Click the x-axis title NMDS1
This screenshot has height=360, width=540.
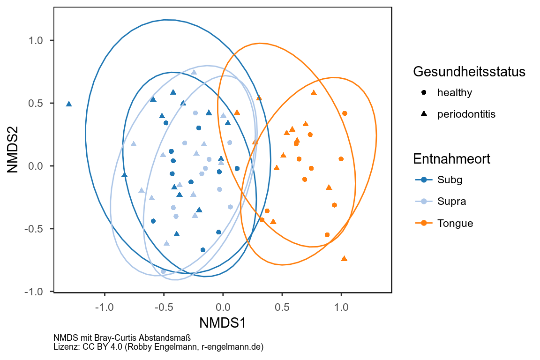coord(223,323)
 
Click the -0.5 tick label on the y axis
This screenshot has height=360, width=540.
coord(33,229)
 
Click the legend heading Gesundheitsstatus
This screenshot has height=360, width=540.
coord(469,72)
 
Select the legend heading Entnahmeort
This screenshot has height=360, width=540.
coord(451,159)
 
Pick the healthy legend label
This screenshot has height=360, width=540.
coord(454,92)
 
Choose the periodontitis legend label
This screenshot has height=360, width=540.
coord(466,114)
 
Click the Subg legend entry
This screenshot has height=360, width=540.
coord(447,180)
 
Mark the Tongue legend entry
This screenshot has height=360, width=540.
coord(455,223)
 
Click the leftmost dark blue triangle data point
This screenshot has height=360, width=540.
coord(69,104)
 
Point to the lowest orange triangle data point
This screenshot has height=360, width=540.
coord(344,258)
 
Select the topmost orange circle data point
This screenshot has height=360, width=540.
coord(345,113)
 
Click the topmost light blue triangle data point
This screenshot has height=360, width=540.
coord(194,72)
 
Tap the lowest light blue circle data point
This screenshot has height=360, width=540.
coord(163,271)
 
